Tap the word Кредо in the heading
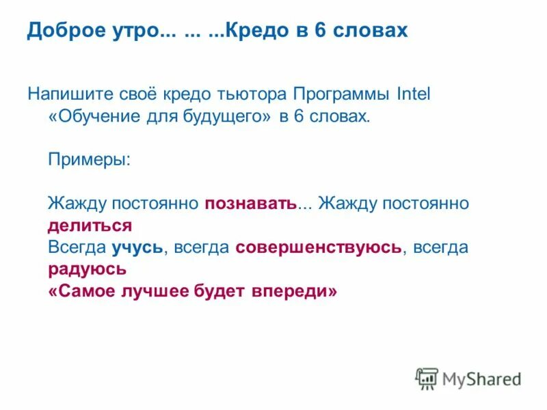(255, 31)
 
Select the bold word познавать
(250, 203)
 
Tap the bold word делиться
(90, 225)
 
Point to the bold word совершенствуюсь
(318, 247)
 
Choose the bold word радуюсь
(88, 269)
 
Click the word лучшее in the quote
(162, 290)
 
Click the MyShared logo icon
(427, 378)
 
